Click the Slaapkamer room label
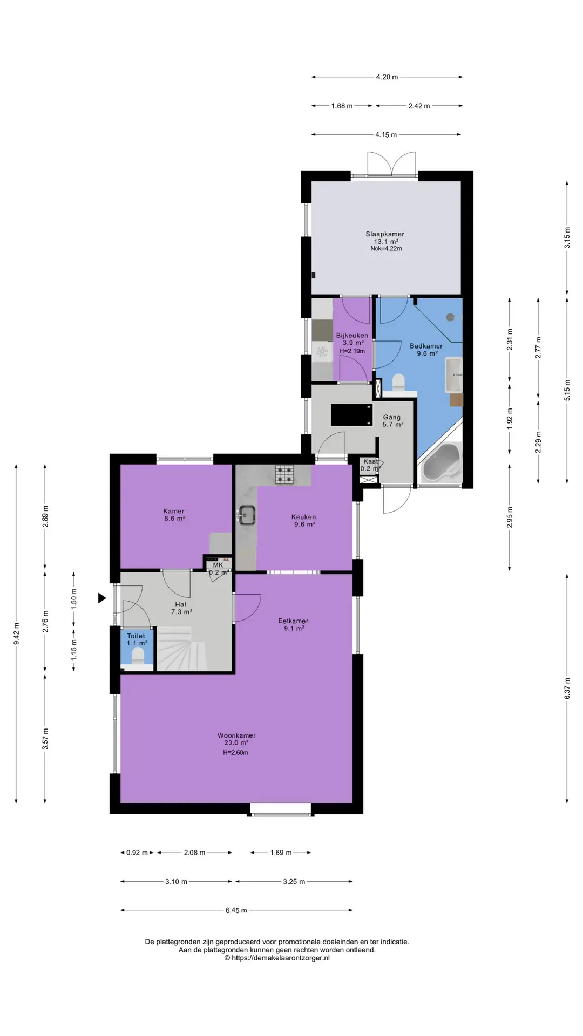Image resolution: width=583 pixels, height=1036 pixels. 385,234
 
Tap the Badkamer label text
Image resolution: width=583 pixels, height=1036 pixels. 426,346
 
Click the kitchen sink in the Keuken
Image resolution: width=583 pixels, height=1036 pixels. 247,515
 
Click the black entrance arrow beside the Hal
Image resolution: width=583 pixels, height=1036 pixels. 101,598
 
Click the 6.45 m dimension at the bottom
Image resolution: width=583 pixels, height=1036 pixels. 236,910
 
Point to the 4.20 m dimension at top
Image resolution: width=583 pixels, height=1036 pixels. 387,77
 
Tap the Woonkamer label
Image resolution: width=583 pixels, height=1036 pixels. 236,735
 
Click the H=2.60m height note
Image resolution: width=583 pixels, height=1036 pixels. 236,753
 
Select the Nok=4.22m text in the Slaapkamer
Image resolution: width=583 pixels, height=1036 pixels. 386,249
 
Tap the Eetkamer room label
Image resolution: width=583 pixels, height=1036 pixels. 293,621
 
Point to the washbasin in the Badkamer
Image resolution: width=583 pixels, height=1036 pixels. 453,374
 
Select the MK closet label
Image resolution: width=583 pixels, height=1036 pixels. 218,565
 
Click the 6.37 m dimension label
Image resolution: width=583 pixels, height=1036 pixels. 567,688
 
